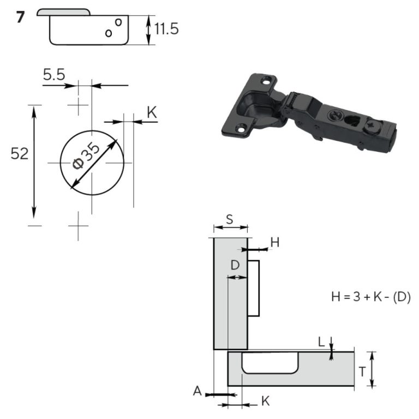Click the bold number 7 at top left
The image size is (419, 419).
(20, 17)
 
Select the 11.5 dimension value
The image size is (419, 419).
(166, 29)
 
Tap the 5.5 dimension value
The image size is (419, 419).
(54, 75)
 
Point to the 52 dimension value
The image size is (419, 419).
(20, 154)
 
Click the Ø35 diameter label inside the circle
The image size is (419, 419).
(86, 155)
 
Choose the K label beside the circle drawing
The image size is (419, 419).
(152, 112)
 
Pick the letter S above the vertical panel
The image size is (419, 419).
(230, 219)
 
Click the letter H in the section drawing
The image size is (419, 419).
(275, 242)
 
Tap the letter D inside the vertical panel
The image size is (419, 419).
(235, 265)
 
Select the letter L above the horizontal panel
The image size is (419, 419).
(321, 342)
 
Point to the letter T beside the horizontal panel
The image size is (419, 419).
(362, 372)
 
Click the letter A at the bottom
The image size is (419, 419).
(197, 391)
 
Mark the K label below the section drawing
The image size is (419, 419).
(265, 401)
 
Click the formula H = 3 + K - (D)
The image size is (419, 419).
(370, 297)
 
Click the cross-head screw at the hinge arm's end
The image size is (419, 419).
(372, 125)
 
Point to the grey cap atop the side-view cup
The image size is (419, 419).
(64, 12)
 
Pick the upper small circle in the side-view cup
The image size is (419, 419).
(118, 22)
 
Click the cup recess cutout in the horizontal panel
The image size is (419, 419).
(270, 363)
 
